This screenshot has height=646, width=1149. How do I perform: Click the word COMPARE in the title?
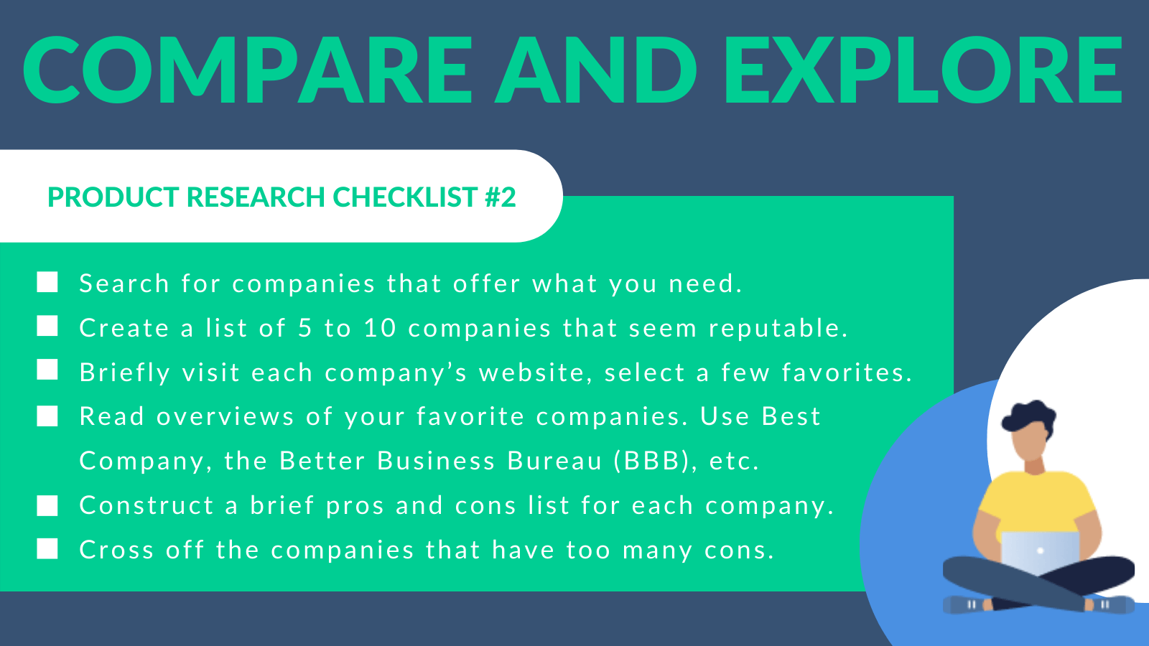[x=247, y=70]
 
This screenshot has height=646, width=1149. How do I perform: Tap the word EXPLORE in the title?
[x=924, y=70]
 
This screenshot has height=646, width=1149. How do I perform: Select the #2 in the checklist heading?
[x=500, y=197]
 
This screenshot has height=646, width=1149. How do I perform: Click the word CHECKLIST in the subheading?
[x=405, y=197]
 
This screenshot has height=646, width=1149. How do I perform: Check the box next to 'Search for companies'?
[x=47, y=282]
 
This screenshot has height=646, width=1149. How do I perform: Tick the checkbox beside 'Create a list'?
[x=47, y=326]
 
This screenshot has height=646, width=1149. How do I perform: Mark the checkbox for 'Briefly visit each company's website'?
[x=47, y=370]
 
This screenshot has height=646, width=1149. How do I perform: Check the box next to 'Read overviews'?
[x=47, y=416]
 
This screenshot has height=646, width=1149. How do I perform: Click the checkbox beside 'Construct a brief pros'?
[x=47, y=505]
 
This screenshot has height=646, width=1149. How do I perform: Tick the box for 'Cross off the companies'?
[x=47, y=548]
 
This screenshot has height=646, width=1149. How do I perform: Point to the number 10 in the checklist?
[x=380, y=327]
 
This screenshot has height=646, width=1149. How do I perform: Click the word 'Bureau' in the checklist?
[x=554, y=460]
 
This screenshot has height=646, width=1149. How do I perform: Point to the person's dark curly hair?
[x=1029, y=416]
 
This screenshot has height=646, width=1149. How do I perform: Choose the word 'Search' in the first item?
[x=124, y=284]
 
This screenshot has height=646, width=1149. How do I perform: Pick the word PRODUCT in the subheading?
[x=113, y=197]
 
